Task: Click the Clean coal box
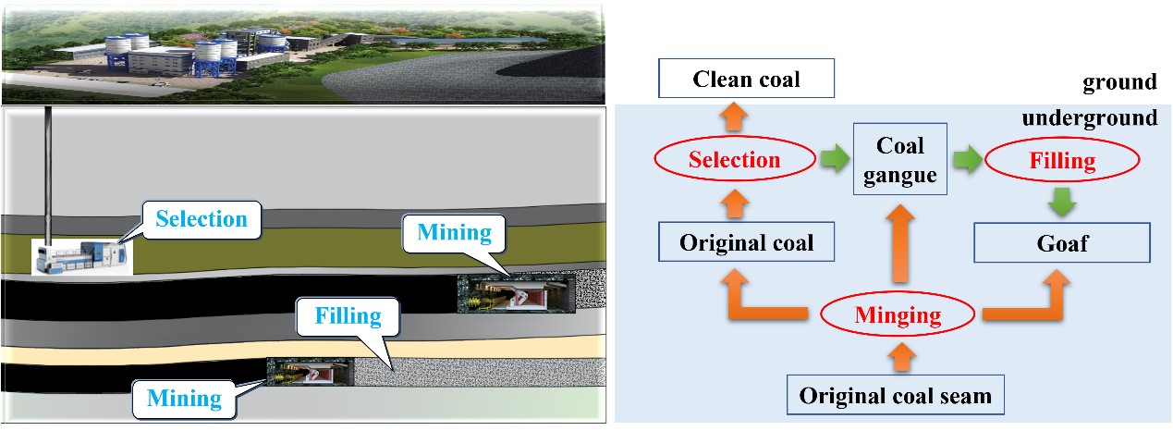746,79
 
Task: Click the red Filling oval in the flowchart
1062,160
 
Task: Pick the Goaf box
1062,242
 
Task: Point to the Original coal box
746,242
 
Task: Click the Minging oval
897,314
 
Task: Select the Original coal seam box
894,396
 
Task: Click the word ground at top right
1119,82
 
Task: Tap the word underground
1089,117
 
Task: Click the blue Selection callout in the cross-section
202,220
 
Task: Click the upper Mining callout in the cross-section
453,231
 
